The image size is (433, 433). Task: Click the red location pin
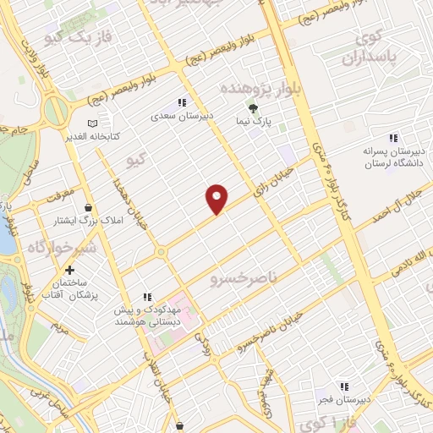click(217, 198)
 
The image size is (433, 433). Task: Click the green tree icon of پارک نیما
click(251, 107)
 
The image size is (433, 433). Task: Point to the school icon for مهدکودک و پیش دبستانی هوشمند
click(147, 297)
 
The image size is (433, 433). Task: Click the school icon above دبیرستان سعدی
click(181, 103)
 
